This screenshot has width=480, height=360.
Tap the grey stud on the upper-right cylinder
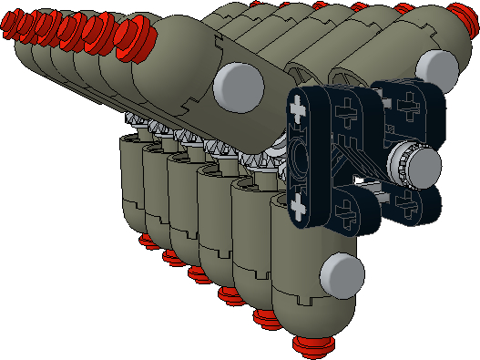coord(439,65)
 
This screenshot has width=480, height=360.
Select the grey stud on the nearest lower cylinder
coord(342,273)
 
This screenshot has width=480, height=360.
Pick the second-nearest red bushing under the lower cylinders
coord(267,318)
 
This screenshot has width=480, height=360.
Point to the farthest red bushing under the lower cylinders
coord(145,241)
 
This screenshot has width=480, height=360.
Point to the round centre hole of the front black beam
coord(301,158)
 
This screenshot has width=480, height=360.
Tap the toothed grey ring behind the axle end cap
coord(399,168)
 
